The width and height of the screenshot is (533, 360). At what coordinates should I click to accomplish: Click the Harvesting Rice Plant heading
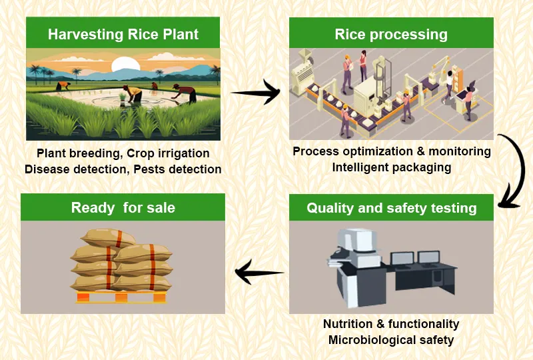pyautogui.click(x=123, y=34)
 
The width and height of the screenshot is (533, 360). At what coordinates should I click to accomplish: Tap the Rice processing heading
pyautogui.click(x=391, y=34)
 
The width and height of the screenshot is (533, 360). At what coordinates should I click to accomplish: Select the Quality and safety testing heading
pyautogui.click(x=391, y=208)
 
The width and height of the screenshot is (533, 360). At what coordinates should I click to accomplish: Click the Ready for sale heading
pyautogui.click(x=123, y=207)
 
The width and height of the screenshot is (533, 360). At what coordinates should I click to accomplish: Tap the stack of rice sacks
pyautogui.click(x=121, y=259)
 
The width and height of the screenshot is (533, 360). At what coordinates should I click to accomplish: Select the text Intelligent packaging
pyautogui.click(x=392, y=167)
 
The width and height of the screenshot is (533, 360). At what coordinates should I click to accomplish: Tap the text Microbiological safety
pyautogui.click(x=391, y=340)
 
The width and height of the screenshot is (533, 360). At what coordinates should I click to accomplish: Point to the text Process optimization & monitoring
pyautogui.click(x=392, y=151)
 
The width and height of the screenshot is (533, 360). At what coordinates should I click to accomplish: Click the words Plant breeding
pyautogui.click(x=78, y=154)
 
